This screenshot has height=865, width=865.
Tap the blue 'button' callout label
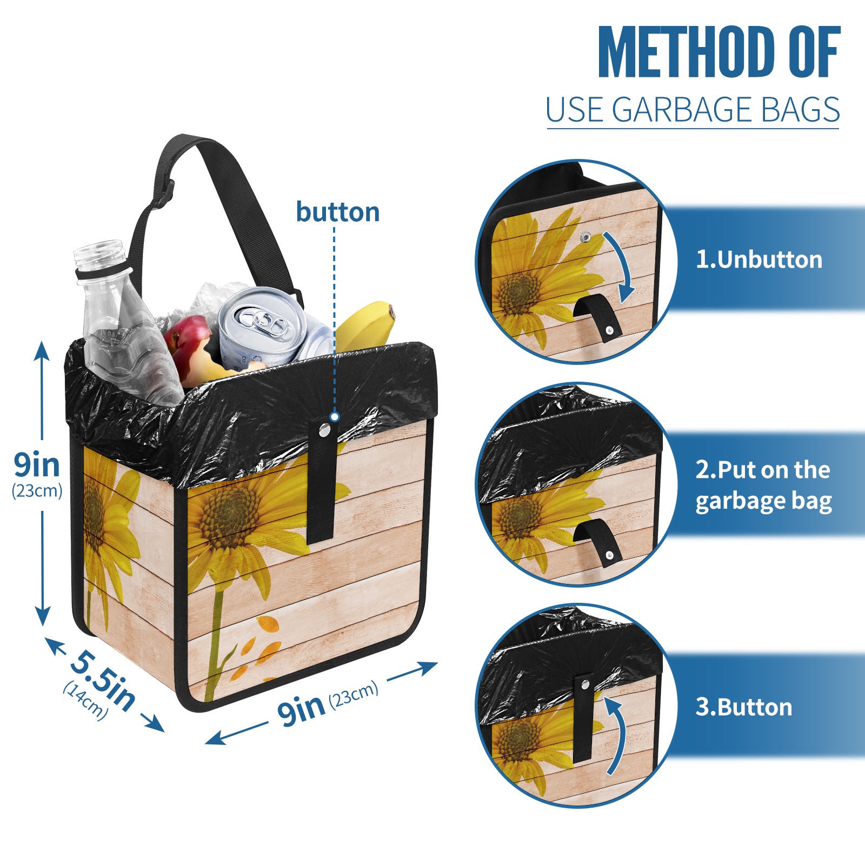tap(337, 212)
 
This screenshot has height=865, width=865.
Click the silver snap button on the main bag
tap(324, 430)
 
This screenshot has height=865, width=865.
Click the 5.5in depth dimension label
tap(103, 680)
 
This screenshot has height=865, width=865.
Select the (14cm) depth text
tap(85, 701)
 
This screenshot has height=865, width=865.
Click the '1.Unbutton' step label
tap(758, 259)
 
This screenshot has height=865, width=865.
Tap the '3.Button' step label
tap(743, 707)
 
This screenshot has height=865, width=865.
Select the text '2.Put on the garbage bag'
tap(763, 485)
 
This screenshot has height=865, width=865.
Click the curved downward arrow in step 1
tap(622, 265)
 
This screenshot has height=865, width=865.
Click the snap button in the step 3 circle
tap(584, 685)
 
